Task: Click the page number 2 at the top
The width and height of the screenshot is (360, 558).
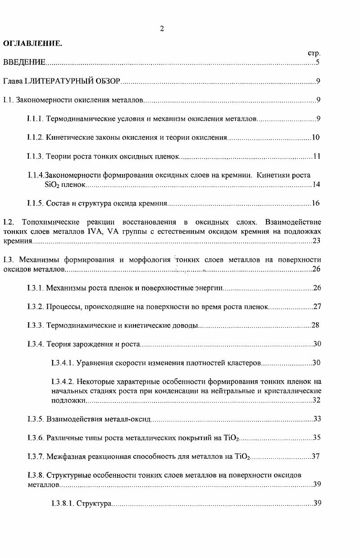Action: [x=162, y=29]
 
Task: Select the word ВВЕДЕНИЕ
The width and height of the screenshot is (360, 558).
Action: [x=24, y=62]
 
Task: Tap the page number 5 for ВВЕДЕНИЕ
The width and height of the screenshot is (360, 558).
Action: [x=318, y=62]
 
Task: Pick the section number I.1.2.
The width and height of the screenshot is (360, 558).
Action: [x=35, y=137]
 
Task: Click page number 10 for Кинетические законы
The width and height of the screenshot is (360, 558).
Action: [x=315, y=137]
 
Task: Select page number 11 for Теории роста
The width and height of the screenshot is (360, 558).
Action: [x=316, y=156]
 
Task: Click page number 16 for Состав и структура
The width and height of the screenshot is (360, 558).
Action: [x=315, y=203]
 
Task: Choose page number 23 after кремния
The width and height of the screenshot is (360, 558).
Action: [x=316, y=241]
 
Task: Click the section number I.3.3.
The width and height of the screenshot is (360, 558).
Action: [x=35, y=325]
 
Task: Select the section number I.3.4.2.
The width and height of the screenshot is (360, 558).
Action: [x=63, y=382]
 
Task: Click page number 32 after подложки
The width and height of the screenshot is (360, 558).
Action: [x=316, y=400]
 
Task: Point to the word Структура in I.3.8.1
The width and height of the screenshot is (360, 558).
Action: [x=94, y=503]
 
